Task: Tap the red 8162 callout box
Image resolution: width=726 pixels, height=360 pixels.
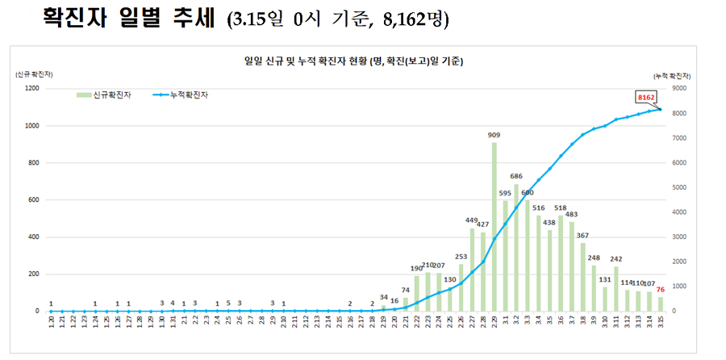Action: coord(645,97)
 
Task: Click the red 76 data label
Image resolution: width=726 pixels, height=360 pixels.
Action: coord(661,289)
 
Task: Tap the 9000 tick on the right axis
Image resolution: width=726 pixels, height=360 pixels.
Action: coord(680,88)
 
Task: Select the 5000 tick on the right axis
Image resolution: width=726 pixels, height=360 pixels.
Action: coord(680,187)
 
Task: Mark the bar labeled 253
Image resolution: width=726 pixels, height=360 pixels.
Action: coord(461,287)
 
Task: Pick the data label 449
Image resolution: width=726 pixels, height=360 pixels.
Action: coord(472,220)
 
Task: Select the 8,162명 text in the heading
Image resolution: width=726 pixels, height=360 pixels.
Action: coord(415,19)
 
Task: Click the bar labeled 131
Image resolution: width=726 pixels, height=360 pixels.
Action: coord(604,299)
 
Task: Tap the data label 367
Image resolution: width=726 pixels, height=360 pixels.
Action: coord(582,235)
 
